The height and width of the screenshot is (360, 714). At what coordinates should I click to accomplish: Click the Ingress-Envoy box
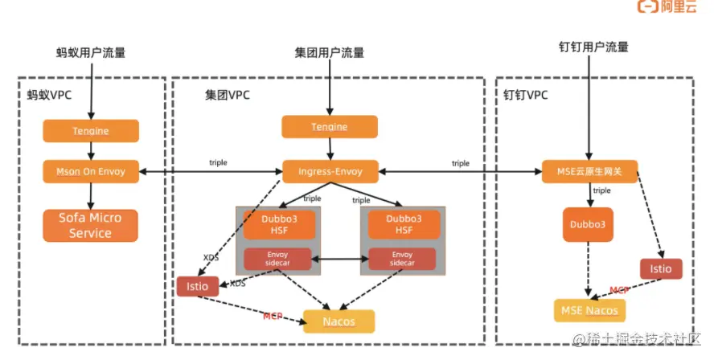coord(330,170)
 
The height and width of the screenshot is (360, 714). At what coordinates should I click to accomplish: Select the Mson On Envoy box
coord(91,170)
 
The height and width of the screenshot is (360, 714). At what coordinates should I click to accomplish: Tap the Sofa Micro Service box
coord(91,225)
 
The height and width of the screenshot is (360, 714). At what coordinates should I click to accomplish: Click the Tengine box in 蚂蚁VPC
coord(91,130)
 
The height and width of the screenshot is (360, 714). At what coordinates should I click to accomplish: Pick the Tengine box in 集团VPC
coord(330,127)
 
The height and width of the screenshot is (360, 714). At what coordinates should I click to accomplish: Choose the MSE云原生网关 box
coord(591,170)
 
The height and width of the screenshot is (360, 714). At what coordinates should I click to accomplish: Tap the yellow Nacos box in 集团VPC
coord(339,321)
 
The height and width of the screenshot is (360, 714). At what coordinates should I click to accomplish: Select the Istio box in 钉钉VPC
coord(661,268)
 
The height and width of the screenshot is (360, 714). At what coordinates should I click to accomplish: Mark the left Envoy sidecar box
coord(277,259)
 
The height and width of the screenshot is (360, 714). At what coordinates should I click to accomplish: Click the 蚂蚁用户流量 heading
coord(91,53)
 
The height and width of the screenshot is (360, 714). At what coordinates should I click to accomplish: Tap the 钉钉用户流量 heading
coord(593,47)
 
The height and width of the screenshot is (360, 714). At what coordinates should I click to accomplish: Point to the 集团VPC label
coord(228,95)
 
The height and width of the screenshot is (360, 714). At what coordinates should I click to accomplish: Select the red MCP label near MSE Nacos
coord(618,289)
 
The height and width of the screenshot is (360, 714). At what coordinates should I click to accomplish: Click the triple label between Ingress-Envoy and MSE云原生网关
coord(460,163)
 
